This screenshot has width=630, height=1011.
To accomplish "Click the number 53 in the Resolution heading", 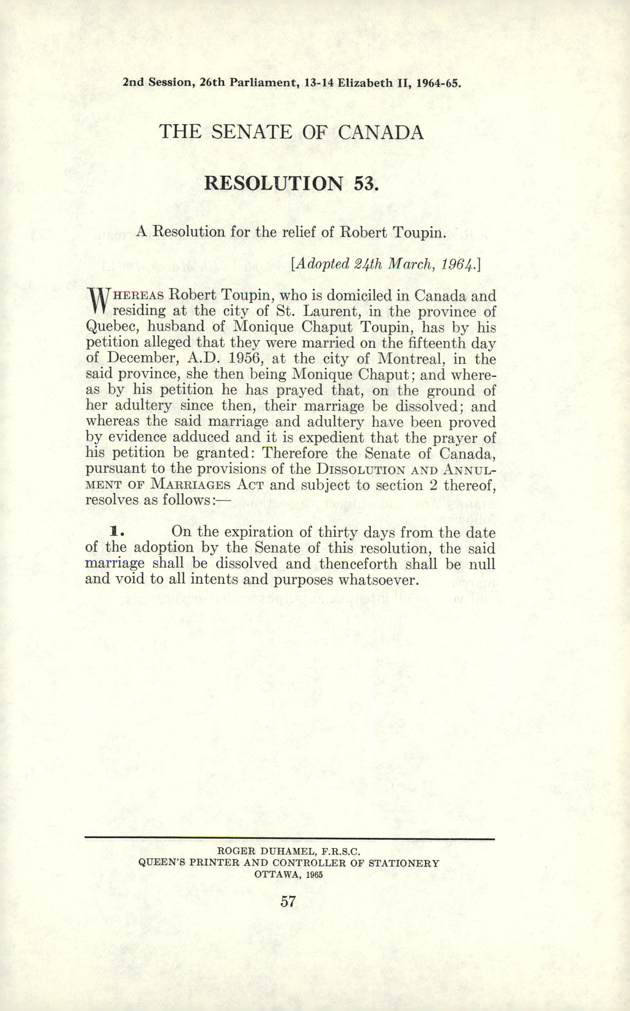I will [x=366, y=184].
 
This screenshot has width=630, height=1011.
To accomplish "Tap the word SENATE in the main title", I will [x=252, y=133].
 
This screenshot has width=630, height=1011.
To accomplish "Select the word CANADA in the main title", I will [x=381, y=133].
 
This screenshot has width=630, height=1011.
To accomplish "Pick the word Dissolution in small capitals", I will [x=360, y=469].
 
